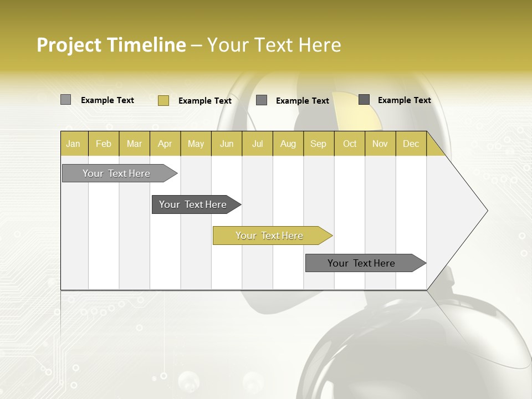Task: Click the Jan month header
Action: pyautogui.click(x=74, y=144)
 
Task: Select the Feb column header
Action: pyautogui.click(x=104, y=144)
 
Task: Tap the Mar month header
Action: pyautogui.click(x=134, y=144)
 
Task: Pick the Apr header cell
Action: pyautogui.click(x=165, y=144)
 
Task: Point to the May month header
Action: pyautogui.click(x=196, y=144)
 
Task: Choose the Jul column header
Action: pyautogui.click(x=257, y=144)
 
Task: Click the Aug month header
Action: pyautogui.click(x=288, y=144)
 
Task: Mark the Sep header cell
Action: pyautogui.click(x=319, y=144)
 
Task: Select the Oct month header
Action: pyautogui.click(x=350, y=144)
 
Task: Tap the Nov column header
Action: pyautogui.click(x=380, y=144)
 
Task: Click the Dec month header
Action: pyautogui.click(x=411, y=144)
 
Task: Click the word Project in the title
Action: pyautogui.click(x=69, y=45)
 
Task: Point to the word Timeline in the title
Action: pyautogui.click(x=146, y=45)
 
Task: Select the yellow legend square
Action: pyautogui.click(x=163, y=100)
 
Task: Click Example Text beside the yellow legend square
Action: pyautogui.click(x=205, y=101)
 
